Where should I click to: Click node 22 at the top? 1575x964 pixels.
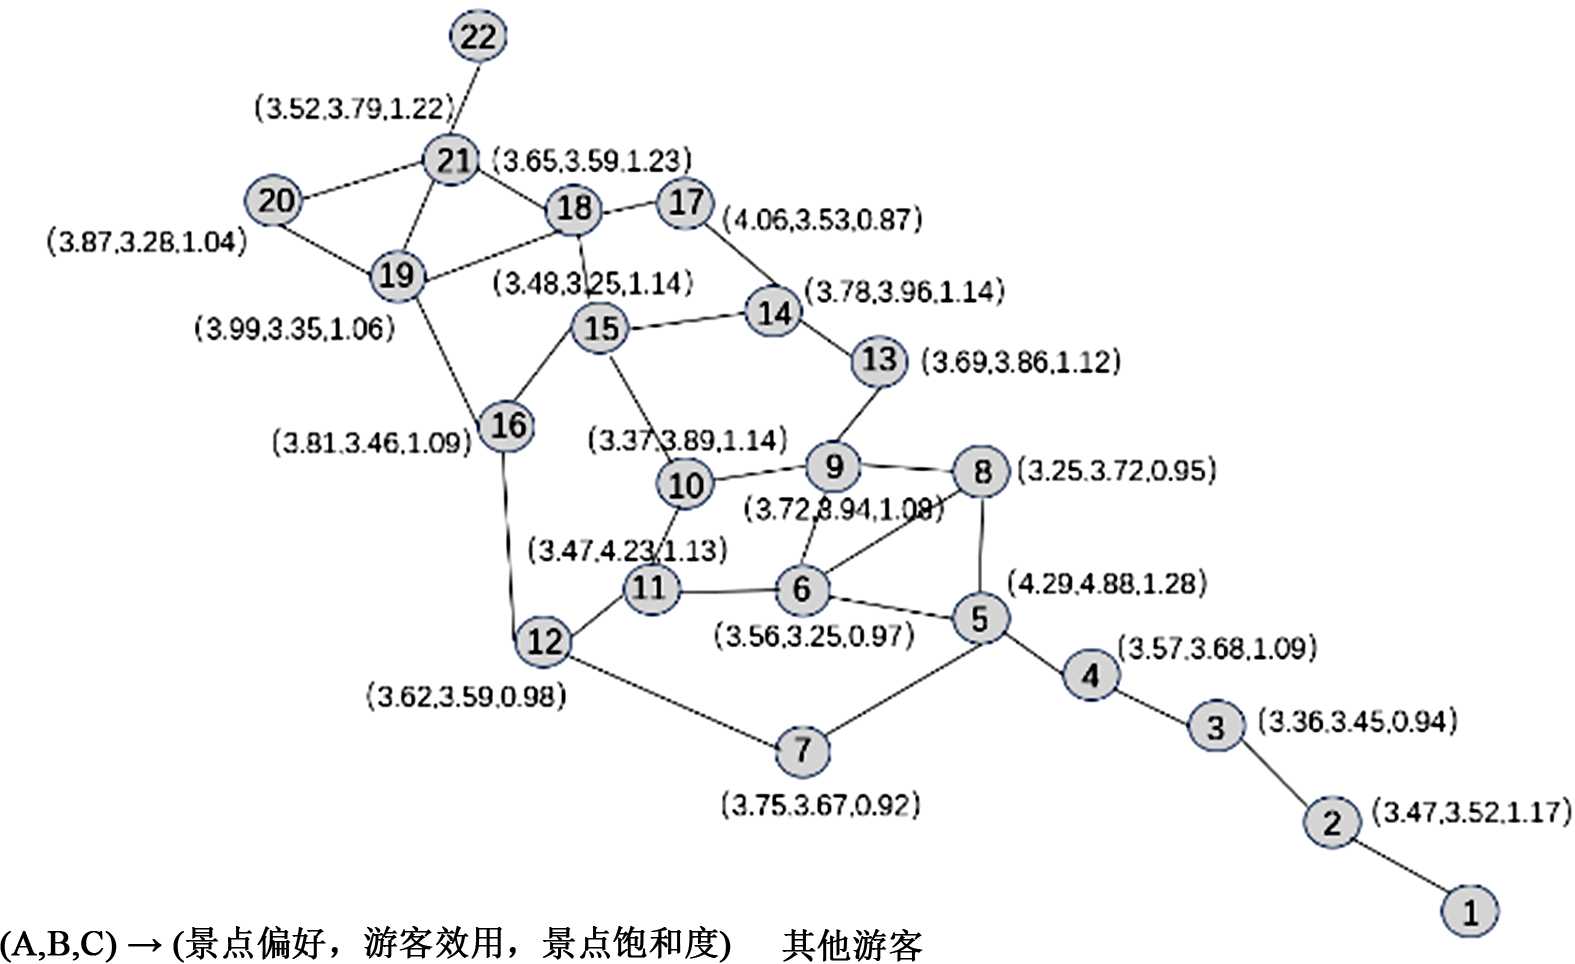point(478,37)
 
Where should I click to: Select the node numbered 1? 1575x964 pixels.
point(1470,911)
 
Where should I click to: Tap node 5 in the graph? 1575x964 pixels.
point(980,618)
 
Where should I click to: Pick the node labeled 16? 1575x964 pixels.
point(507,426)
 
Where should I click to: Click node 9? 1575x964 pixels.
point(834,466)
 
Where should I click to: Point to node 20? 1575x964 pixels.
point(275,201)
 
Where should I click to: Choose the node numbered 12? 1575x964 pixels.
point(544,641)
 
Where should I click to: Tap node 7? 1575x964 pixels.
point(803,750)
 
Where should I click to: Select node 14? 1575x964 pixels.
point(774,314)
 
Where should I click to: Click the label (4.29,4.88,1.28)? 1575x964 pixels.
point(1107,583)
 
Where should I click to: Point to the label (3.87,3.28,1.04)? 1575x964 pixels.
point(147,242)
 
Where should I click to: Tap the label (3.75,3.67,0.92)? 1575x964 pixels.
point(820,805)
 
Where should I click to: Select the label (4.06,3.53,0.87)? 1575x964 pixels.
point(822,219)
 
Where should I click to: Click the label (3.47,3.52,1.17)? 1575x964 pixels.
point(1471,812)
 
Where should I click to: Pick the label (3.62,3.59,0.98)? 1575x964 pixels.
point(466,696)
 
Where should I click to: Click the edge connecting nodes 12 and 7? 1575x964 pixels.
point(673,695)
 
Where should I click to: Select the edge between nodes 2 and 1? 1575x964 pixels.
point(1401,867)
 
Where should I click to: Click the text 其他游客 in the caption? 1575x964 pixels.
point(852,945)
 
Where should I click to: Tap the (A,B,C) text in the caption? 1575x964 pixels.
point(58,945)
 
